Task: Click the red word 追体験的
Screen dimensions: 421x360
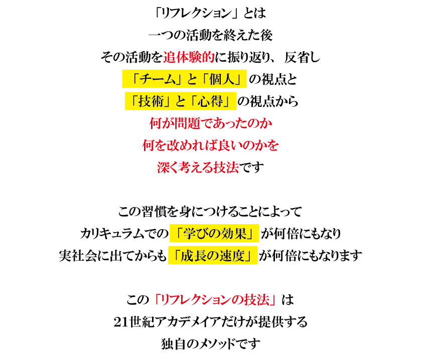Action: pyautogui.click(x=189, y=57)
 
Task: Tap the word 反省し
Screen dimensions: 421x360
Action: pyautogui.click(x=302, y=57)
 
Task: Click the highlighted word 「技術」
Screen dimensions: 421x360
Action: pyautogui.click(x=149, y=101)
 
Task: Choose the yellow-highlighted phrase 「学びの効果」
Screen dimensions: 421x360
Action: pyautogui.click(x=214, y=233)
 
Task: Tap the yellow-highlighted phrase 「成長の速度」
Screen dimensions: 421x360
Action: pyautogui.click(x=213, y=255)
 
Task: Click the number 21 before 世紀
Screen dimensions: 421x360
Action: pyautogui.click(x=120, y=322)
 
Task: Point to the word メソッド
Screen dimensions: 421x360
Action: pyautogui.click(x=217, y=343)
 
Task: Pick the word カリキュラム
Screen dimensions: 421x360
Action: pyautogui.click(x=112, y=233)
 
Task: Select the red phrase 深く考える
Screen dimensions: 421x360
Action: pyautogui.click(x=185, y=167)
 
